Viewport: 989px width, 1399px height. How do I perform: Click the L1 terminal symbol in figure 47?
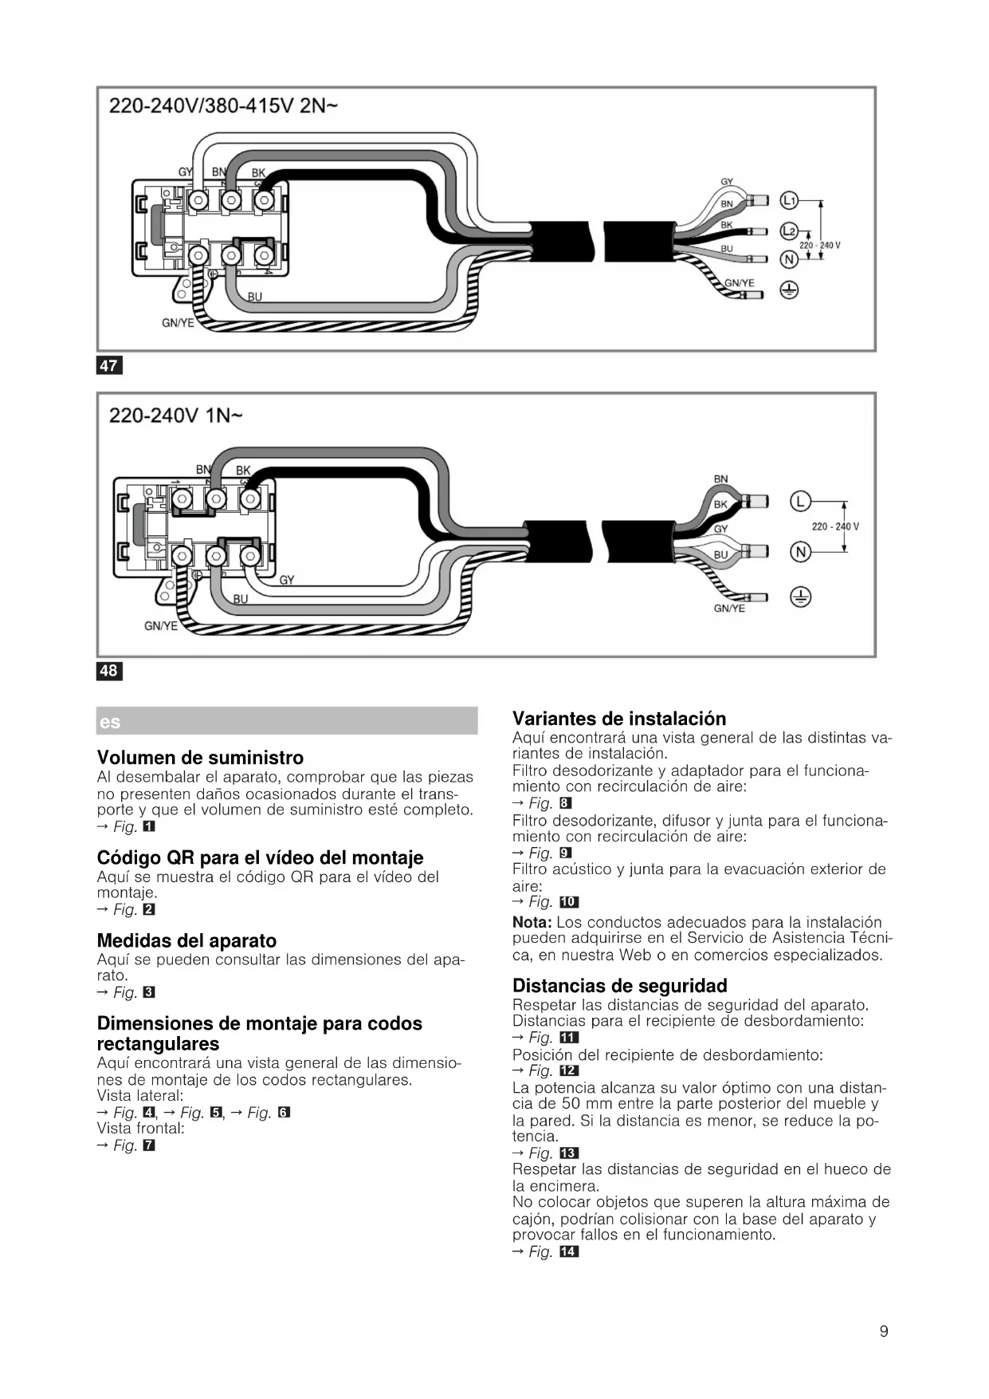(788, 200)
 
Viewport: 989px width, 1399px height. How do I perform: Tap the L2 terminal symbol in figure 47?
(788, 231)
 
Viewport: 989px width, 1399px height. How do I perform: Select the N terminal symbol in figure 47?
(788, 260)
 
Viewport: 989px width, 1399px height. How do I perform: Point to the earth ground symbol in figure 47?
(788, 290)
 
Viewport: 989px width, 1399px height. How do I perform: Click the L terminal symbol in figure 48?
(800, 501)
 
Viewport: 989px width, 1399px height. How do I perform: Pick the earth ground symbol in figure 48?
(800, 597)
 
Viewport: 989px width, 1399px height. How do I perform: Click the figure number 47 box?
(108, 365)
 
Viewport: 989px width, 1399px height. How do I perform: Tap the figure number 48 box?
(108, 671)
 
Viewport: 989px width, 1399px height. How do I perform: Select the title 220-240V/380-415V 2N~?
(223, 105)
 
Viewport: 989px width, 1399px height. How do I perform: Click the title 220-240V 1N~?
(175, 416)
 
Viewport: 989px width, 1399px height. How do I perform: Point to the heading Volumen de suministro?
(200, 757)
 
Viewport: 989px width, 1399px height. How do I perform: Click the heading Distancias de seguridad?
(619, 985)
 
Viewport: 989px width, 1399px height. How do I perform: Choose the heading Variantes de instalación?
(619, 718)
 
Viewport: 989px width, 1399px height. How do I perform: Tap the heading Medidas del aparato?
(186, 940)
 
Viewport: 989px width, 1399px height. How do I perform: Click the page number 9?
(884, 1331)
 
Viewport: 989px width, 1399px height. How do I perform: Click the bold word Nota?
(532, 922)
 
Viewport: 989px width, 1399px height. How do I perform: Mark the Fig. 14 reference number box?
(569, 1252)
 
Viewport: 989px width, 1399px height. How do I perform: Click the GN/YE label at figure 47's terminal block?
(178, 323)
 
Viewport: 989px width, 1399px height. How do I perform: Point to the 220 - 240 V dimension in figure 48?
(834, 526)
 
